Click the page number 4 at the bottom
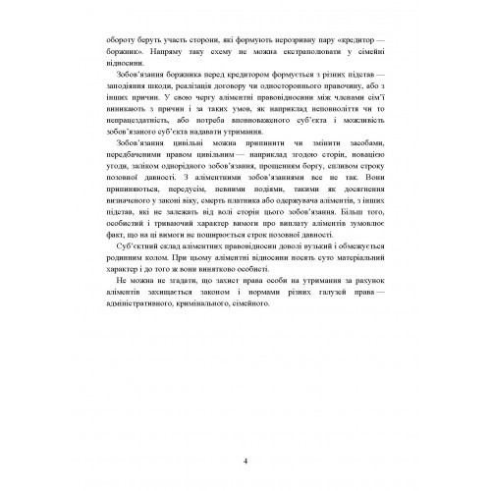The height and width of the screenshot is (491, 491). (245, 432)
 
